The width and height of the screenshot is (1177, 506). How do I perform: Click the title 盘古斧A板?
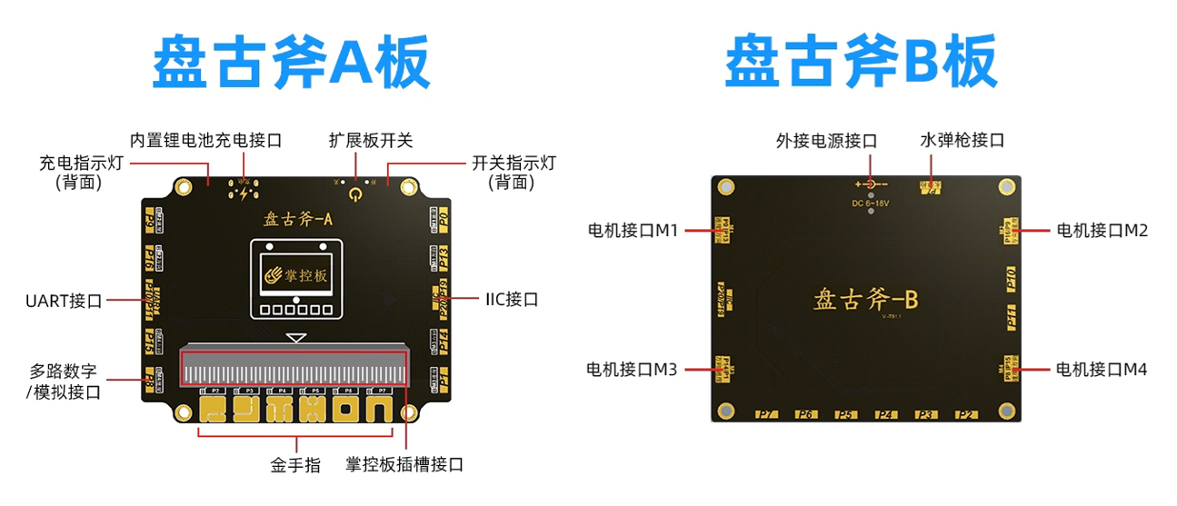click(x=290, y=64)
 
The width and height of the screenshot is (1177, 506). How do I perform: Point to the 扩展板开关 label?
click(x=371, y=141)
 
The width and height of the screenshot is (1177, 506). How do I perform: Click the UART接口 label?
click(x=64, y=301)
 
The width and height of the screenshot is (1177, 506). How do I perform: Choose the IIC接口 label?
click(x=512, y=299)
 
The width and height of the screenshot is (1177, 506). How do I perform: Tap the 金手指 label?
click(x=295, y=465)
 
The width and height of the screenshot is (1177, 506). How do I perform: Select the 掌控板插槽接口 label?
click(x=404, y=465)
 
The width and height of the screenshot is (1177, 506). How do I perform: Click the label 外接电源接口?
click(x=826, y=141)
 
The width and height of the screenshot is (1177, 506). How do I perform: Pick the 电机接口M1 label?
click(x=633, y=231)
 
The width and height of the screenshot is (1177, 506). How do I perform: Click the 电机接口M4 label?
click(x=1102, y=370)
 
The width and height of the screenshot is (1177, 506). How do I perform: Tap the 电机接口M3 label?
click(x=633, y=370)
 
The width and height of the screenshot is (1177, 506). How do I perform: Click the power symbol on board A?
click(x=355, y=193)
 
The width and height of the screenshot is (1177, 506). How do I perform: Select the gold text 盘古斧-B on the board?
click(x=864, y=299)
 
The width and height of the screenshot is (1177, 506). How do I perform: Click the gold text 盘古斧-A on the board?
click(x=298, y=218)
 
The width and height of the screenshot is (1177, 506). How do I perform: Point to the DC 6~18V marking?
click(x=871, y=203)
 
